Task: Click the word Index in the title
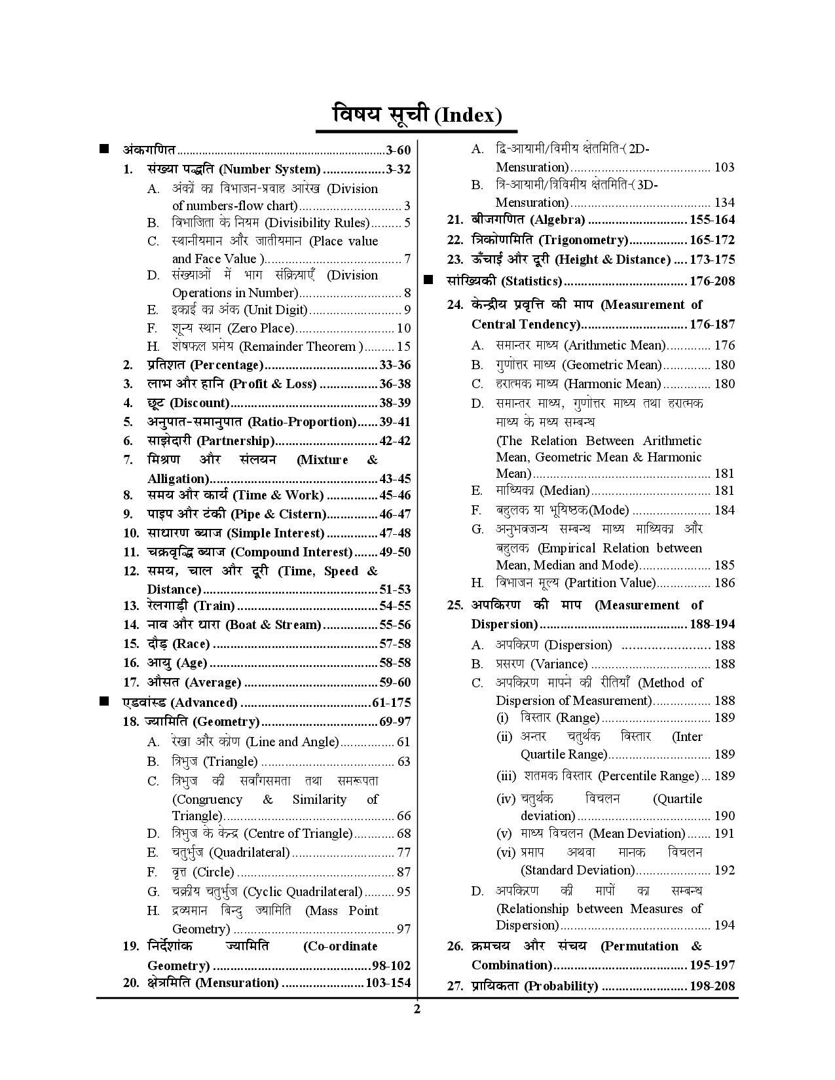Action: [472, 116]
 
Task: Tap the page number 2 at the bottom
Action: [417, 1009]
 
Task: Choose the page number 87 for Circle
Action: [403, 872]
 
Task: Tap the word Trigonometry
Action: [591, 240]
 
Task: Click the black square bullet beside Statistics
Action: [429, 280]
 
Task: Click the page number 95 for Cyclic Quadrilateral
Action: [403, 891]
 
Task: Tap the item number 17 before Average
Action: [131, 682]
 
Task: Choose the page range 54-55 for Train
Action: [395, 606]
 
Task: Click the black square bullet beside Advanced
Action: [104, 702]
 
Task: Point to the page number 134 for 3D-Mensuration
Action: [724, 202]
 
